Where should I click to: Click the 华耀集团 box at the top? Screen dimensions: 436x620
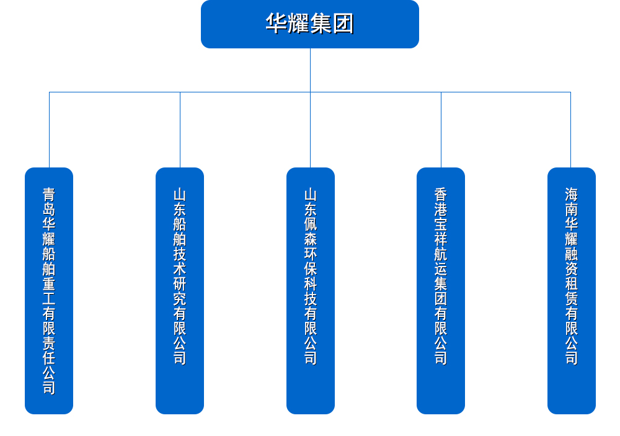(x=310, y=24)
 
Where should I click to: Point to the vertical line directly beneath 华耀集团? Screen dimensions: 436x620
(x=310, y=69)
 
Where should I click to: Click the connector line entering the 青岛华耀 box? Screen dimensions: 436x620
(x=49, y=130)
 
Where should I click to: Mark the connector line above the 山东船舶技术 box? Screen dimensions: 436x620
(x=180, y=130)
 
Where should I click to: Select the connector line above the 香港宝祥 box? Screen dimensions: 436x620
(x=441, y=130)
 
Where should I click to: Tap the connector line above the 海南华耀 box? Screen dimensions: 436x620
(x=570, y=130)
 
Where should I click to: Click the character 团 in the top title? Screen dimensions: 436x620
(x=343, y=24)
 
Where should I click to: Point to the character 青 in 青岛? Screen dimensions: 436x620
(x=49, y=195)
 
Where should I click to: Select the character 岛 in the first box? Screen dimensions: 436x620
(x=49, y=210)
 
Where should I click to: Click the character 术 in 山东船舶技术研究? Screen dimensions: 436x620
(x=180, y=269)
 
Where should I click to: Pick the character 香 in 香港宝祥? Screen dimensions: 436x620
(x=441, y=195)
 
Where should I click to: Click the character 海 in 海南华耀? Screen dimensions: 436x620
(x=571, y=195)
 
